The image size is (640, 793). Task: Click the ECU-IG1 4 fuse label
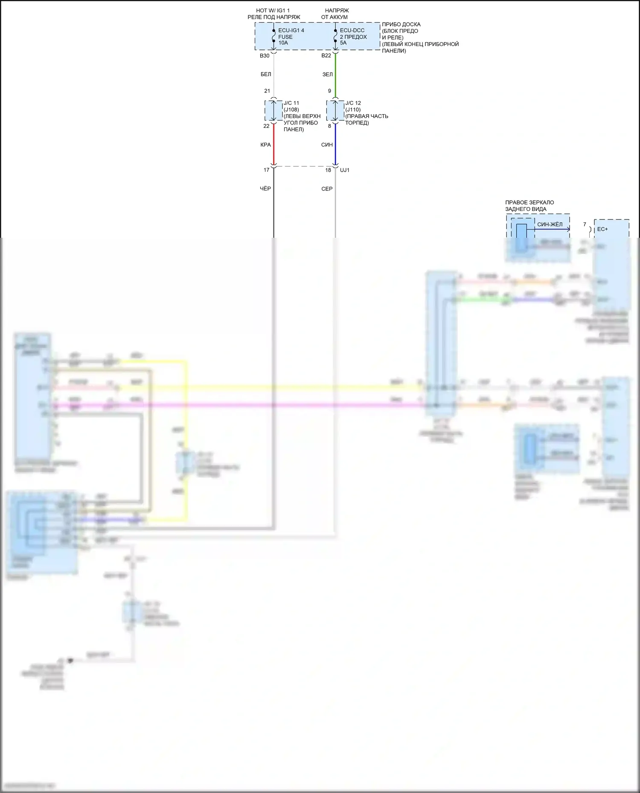[x=291, y=31]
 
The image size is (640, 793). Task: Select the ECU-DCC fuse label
[x=352, y=31]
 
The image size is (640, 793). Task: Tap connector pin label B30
[x=265, y=56]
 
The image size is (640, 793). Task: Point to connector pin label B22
[x=326, y=56]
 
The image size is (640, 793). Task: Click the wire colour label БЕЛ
[x=266, y=75]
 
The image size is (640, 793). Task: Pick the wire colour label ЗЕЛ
[x=327, y=75]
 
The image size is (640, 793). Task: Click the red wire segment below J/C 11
[x=273, y=145]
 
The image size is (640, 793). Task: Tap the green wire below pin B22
[x=335, y=75]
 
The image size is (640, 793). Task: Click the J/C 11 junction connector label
[x=291, y=103]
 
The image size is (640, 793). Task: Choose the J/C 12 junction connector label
[x=353, y=103]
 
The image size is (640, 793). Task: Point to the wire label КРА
[x=265, y=145]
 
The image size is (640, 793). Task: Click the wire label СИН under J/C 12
[x=327, y=145]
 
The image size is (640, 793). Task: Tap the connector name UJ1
[x=345, y=170]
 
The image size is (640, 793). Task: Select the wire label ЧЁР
[x=265, y=189]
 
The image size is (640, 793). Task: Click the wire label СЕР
[x=327, y=189]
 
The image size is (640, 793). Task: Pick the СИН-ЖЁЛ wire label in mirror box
[x=550, y=225]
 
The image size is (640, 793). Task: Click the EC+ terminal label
[x=602, y=229]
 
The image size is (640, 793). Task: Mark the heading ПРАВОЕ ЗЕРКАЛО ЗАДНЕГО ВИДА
[x=529, y=206]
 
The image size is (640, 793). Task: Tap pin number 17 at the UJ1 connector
[x=266, y=170]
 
